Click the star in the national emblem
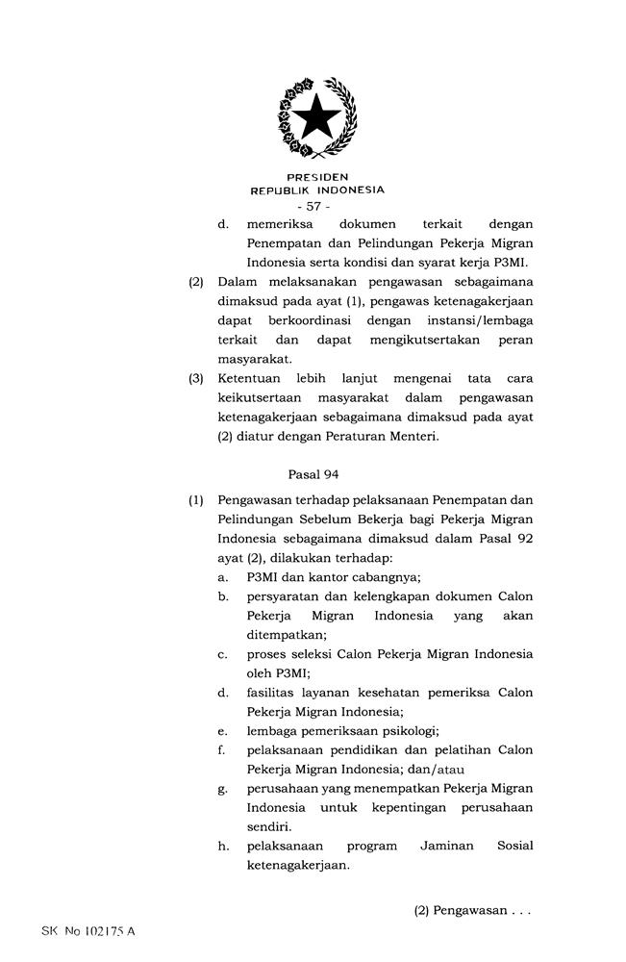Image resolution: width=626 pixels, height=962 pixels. click(x=315, y=119)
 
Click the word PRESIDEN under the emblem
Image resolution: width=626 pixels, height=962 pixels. click(x=317, y=177)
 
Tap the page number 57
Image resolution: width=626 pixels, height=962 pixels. click(x=313, y=207)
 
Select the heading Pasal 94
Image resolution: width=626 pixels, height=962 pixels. click(x=313, y=473)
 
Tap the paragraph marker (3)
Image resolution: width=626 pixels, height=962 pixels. click(x=196, y=378)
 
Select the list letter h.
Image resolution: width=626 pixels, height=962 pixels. click(x=223, y=846)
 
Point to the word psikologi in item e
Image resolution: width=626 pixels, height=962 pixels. click(x=406, y=731)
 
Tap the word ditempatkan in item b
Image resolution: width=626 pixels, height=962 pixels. click(x=286, y=635)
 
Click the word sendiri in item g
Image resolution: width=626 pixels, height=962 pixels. click(x=270, y=826)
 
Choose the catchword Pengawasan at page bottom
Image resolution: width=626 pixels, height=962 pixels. click(x=469, y=910)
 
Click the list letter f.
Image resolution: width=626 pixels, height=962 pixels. click(x=222, y=750)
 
